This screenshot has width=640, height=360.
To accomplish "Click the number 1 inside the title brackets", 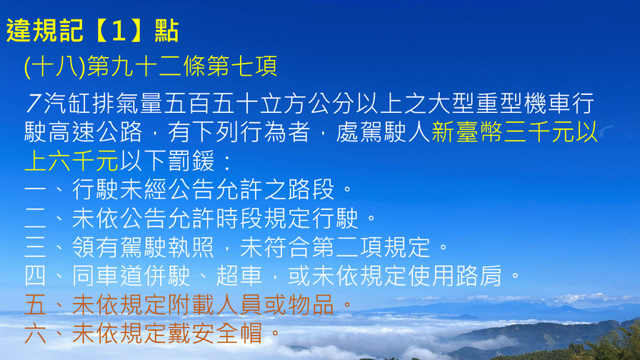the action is point(119,31).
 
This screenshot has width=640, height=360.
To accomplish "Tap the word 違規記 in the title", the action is point(45,31).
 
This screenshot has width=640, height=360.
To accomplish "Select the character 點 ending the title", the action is point(166,31).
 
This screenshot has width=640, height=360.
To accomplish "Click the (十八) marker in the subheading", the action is point(55,66).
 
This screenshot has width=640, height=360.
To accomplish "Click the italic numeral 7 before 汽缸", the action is point(34,104).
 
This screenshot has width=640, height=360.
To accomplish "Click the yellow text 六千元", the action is point(84,161).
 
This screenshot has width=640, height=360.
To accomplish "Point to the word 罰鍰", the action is point(190,161).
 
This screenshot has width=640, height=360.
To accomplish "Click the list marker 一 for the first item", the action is point(36,190).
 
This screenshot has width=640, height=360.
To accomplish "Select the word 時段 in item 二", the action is point(239,219).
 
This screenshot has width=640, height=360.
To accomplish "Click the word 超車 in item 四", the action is point(239,276).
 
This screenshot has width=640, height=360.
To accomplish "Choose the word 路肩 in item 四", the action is point(479,276).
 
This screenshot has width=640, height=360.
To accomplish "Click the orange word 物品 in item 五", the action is point(311,305).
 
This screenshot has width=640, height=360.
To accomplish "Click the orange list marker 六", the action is point(36,334).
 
